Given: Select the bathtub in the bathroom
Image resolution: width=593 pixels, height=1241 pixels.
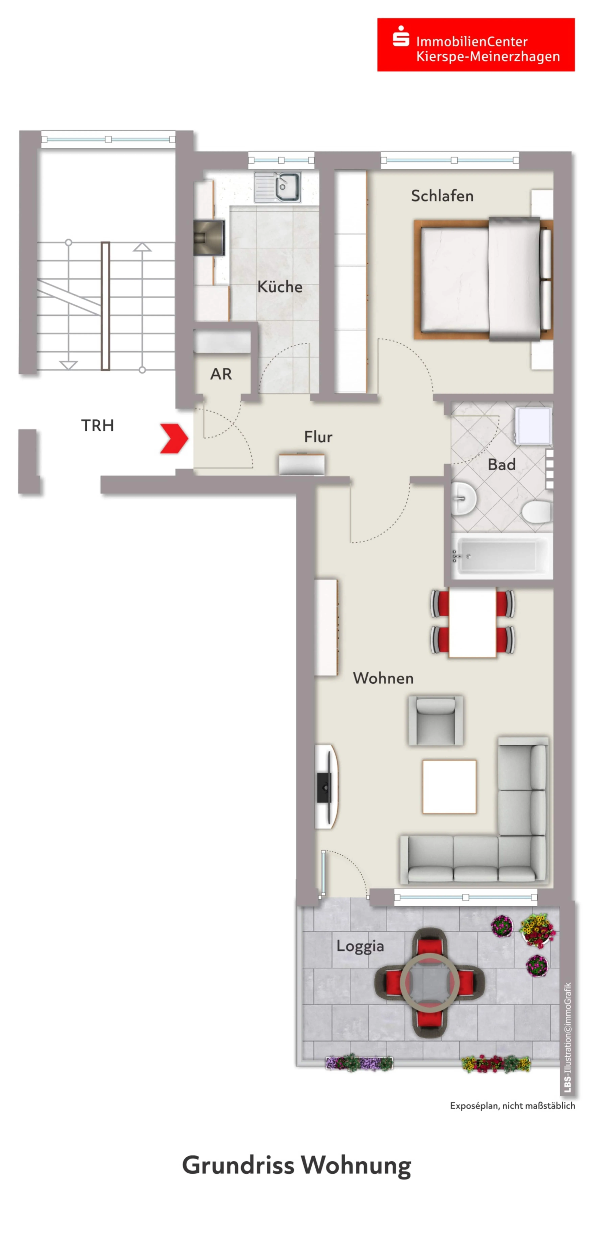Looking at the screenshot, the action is point(502,556).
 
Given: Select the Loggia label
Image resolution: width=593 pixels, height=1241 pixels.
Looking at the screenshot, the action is point(360,946).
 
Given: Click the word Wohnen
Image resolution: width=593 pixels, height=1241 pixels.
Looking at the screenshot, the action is point(383,678).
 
